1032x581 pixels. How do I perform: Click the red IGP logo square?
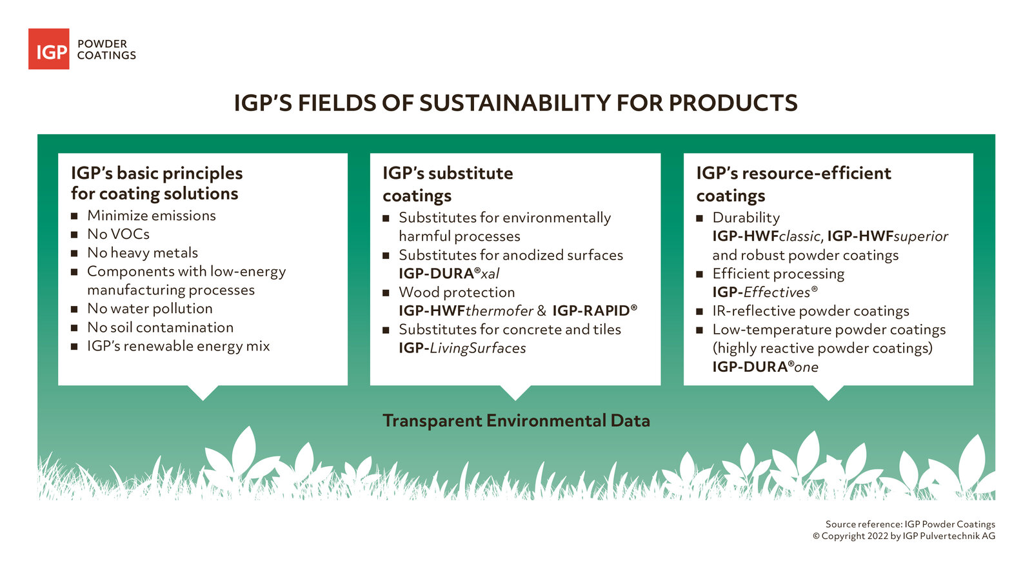pyautogui.click(x=48, y=49)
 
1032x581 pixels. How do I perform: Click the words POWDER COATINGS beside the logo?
pyautogui.click(x=106, y=50)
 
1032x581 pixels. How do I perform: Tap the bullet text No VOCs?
pyautogui.click(x=118, y=234)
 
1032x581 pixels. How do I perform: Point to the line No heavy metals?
pyautogui.click(x=143, y=253)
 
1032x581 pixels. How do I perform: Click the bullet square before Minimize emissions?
pyautogui.click(x=74, y=216)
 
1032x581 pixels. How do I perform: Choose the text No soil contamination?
pyautogui.click(x=160, y=328)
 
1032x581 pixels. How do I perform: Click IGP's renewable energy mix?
pyautogui.click(x=178, y=347)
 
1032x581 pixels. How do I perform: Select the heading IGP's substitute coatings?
pyautogui.click(x=448, y=184)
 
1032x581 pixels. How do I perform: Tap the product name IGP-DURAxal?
pyautogui.click(x=449, y=274)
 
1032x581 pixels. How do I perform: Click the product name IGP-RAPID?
pyautogui.click(x=594, y=311)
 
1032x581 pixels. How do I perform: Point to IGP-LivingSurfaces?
pyautogui.click(x=462, y=349)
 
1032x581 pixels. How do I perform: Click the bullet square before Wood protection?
pyautogui.click(x=386, y=293)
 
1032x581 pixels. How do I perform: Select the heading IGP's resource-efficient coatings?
pyautogui.click(x=793, y=184)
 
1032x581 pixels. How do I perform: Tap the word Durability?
pyautogui.click(x=746, y=218)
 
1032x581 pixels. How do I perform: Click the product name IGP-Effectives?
pyautogui.click(x=764, y=292)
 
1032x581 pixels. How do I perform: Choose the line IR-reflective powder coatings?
pyautogui.click(x=810, y=311)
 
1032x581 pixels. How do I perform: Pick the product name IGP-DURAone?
pyautogui.click(x=765, y=367)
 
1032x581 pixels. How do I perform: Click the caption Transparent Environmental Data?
pyautogui.click(x=516, y=421)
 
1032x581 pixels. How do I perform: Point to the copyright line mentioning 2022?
pyautogui.click(x=903, y=536)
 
